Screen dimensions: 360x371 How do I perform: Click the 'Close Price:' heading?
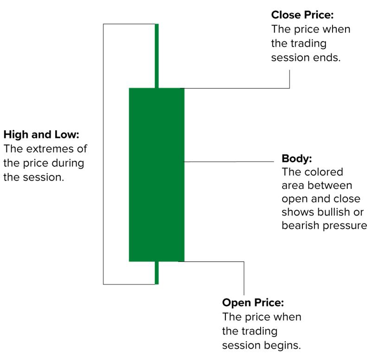point(302,15)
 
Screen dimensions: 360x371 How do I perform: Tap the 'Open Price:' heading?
point(253,303)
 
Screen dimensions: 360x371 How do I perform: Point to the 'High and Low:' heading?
point(42,135)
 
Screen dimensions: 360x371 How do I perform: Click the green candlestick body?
point(156,174)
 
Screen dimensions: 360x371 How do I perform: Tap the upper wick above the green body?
point(157,56)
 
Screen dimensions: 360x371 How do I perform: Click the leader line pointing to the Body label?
point(229,162)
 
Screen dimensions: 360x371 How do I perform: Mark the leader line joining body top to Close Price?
point(237,88)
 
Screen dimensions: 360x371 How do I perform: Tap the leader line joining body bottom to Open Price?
point(213,261)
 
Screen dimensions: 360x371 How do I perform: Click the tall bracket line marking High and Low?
point(103,153)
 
